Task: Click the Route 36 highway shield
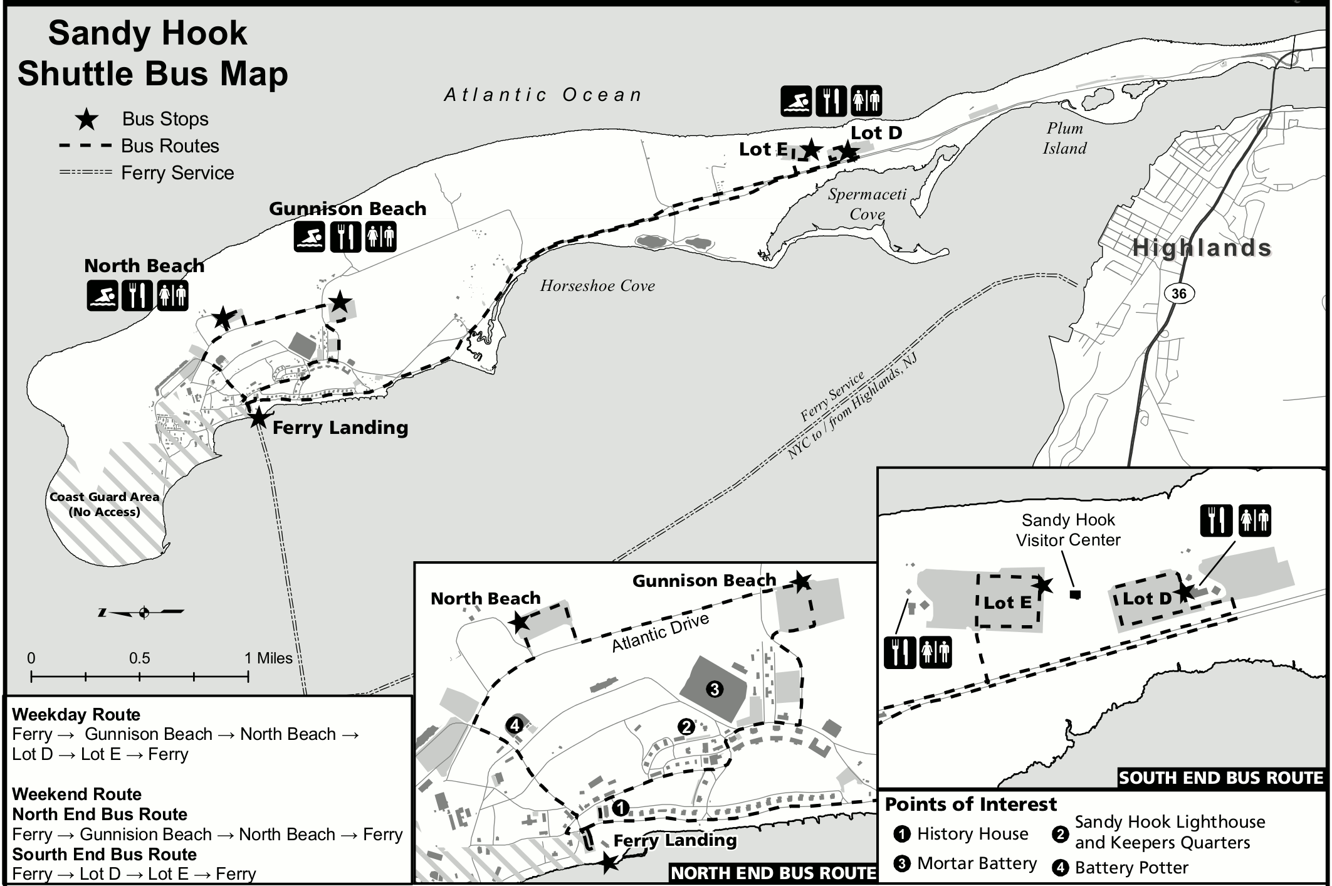pyautogui.click(x=1178, y=293)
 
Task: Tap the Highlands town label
pyautogui.click(x=1202, y=248)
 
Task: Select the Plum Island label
pyautogui.click(x=1064, y=138)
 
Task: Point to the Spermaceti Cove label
pyautogui.click(x=867, y=204)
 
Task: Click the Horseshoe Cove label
pyautogui.click(x=597, y=286)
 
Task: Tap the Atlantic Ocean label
pyautogui.click(x=543, y=95)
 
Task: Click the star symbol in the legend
pyautogui.click(x=87, y=119)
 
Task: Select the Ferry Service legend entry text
pyautogui.click(x=177, y=173)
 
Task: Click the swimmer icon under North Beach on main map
pyautogui.click(x=102, y=295)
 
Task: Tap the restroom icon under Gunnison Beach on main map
pyautogui.click(x=380, y=237)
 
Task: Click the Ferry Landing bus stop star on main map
pyautogui.click(x=258, y=418)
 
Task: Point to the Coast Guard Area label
pyautogui.click(x=104, y=504)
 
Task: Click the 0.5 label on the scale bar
pyautogui.click(x=139, y=658)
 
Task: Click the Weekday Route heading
pyautogui.click(x=76, y=715)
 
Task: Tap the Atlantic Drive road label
pyautogui.click(x=660, y=632)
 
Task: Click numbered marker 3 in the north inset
pyautogui.click(x=714, y=690)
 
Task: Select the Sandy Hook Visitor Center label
pyautogui.click(x=1067, y=530)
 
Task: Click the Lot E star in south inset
pyautogui.click(x=1042, y=585)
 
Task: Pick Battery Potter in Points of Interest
pyautogui.click(x=1131, y=868)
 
